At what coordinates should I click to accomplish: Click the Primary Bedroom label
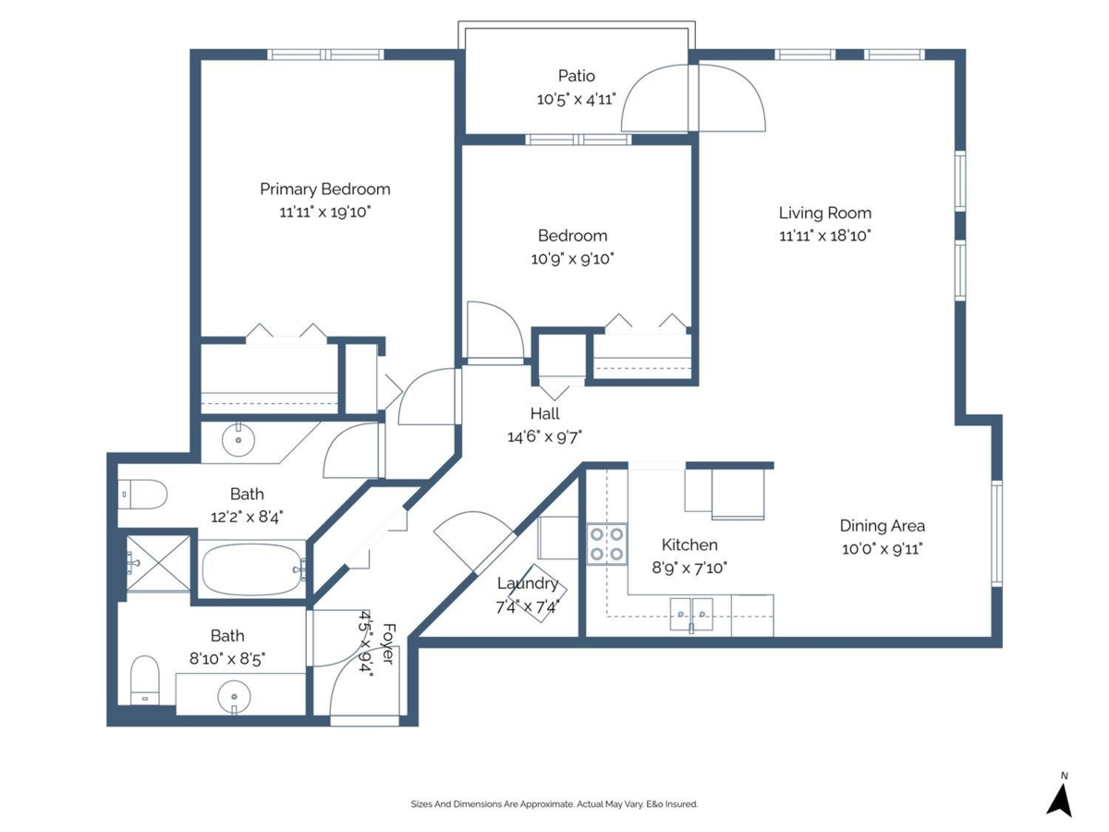(324, 189)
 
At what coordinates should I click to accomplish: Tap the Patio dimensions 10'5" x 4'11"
(576, 99)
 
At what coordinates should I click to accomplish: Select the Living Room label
(824, 213)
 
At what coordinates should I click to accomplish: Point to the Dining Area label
(882, 526)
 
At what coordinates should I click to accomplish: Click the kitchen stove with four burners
(606, 544)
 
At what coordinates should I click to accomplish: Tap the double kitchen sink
(691, 613)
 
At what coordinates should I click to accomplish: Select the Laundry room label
(527, 583)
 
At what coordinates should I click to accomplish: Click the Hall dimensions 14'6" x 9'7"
(544, 436)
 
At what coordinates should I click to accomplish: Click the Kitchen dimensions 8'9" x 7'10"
(689, 568)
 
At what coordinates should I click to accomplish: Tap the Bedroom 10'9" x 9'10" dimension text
(572, 259)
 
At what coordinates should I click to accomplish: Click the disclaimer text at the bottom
(554, 804)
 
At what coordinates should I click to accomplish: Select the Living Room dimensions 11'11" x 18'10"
(824, 236)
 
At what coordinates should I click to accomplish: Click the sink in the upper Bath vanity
(239, 437)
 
